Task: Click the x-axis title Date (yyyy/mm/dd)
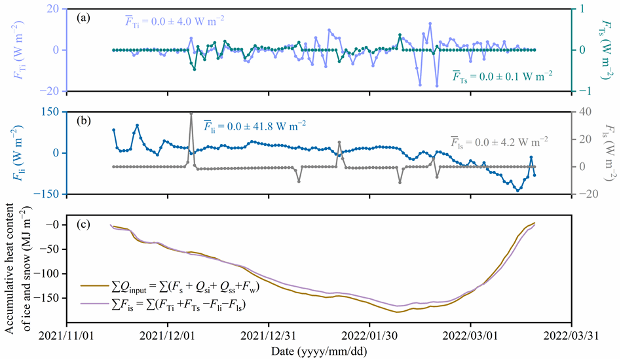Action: pos(319,351)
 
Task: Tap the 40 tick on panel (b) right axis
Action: pos(584,112)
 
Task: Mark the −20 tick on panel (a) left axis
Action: pos(50,91)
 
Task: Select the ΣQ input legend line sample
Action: pos(92,285)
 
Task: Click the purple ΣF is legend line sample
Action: pos(92,303)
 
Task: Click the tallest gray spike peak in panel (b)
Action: pos(191,113)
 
